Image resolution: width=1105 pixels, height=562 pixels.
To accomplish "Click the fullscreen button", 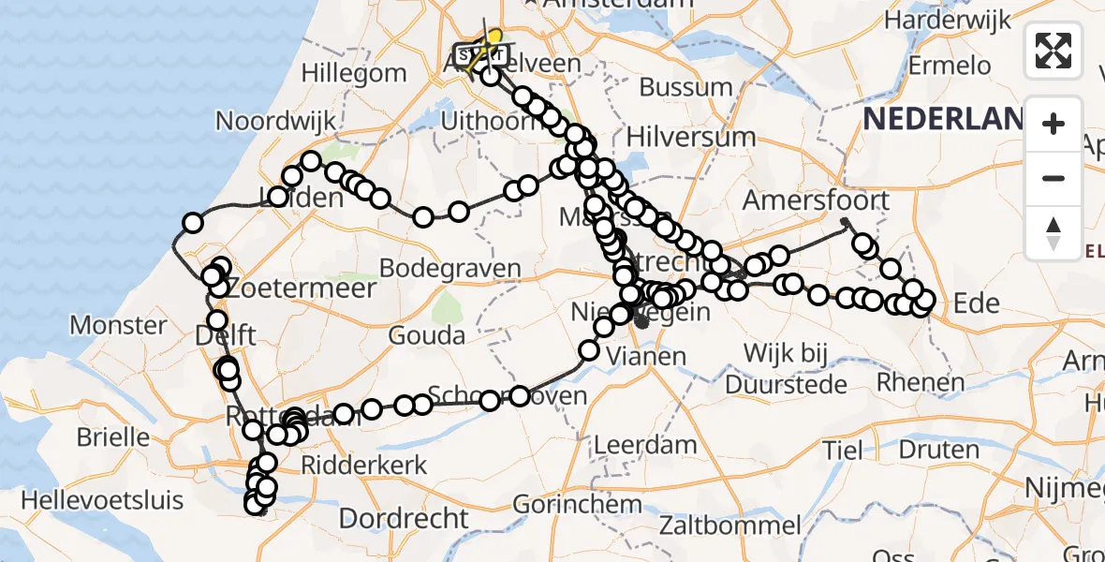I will (x=1053, y=51).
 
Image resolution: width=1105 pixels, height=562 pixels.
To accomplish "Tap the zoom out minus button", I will (x=1053, y=178).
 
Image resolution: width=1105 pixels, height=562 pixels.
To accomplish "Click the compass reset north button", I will (x=1053, y=232).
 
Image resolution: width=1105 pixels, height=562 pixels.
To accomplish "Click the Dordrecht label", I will (x=404, y=518).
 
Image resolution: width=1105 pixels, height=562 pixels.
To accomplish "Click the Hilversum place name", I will (x=690, y=137).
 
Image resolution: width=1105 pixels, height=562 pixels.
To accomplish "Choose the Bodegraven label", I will (x=449, y=269).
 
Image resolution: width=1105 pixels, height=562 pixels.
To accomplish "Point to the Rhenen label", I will (x=921, y=382).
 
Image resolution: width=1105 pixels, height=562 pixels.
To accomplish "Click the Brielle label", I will (x=114, y=436).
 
